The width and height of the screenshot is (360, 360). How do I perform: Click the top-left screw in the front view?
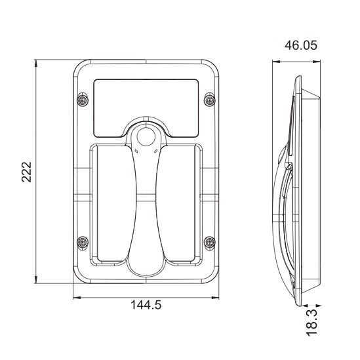pos(82,100)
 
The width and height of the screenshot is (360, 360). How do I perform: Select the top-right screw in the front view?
pos(209,100)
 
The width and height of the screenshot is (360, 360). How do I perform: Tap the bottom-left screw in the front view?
pos(82,241)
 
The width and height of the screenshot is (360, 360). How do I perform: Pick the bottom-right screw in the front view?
pos(209,241)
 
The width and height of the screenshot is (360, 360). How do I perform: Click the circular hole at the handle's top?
pos(146,136)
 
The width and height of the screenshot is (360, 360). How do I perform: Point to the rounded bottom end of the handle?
pos(146,266)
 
